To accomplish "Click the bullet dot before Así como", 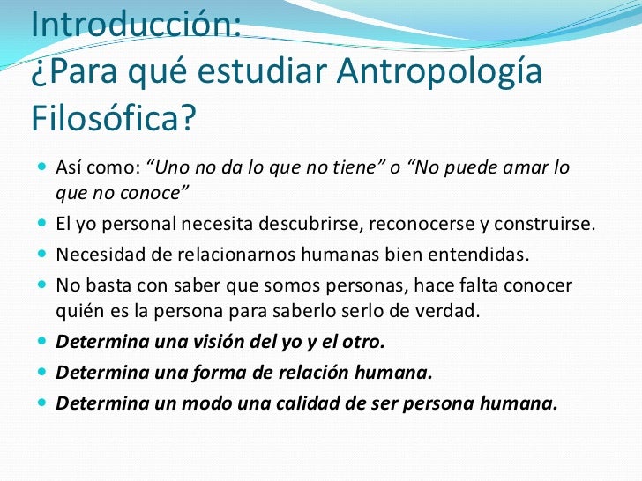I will pyautogui.click(x=44, y=166).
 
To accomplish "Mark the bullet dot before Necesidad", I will pyautogui.click(x=44, y=255).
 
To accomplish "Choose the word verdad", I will pyautogui.click(x=449, y=313).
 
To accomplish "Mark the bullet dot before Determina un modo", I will pyautogui.click(x=44, y=403).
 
